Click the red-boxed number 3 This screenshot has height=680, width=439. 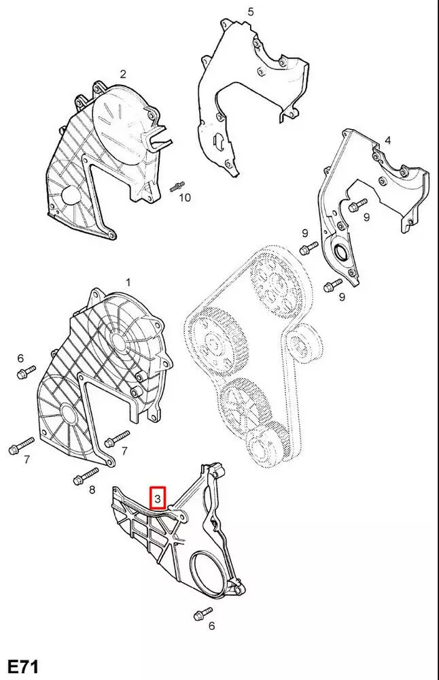coord(157,498)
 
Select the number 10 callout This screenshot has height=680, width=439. coord(185,198)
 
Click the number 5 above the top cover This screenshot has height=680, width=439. coord(251,12)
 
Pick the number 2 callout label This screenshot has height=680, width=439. coord(123,74)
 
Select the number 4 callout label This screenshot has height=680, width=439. coord(388,141)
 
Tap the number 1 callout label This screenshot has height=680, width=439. coord(128,282)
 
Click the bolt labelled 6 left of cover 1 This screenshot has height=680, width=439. coord(26,372)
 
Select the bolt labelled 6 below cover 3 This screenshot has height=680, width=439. coord(203,613)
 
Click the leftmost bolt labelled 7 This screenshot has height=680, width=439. coord(21,446)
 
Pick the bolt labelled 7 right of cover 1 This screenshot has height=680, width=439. coord(117,438)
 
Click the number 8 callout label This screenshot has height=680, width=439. coord(92,490)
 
